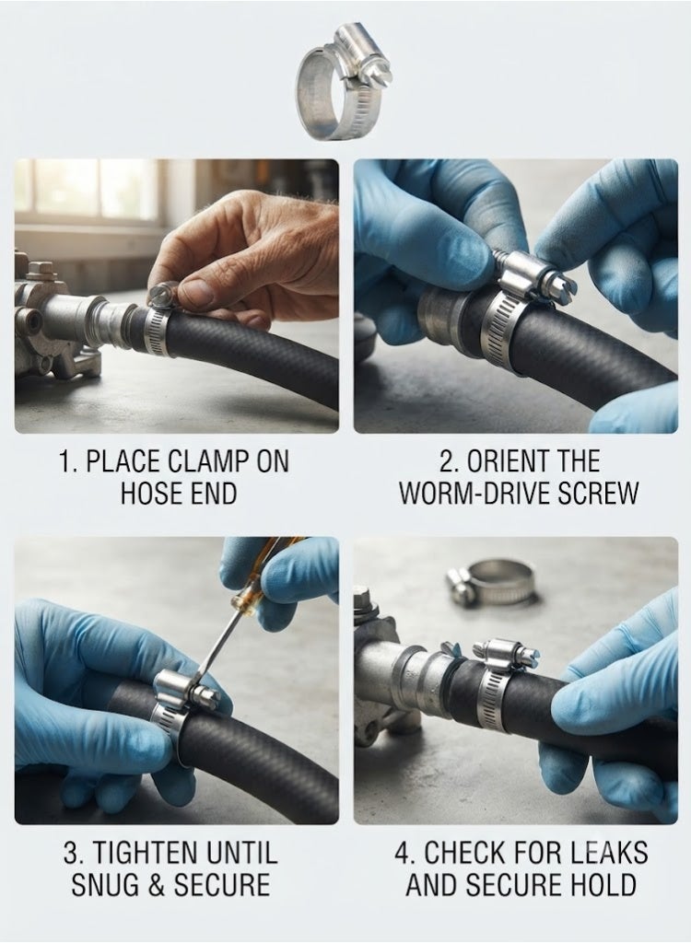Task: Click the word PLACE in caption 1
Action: [123, 461]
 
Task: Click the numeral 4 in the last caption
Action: [402, 854]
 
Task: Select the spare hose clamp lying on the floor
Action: [489, 582]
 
